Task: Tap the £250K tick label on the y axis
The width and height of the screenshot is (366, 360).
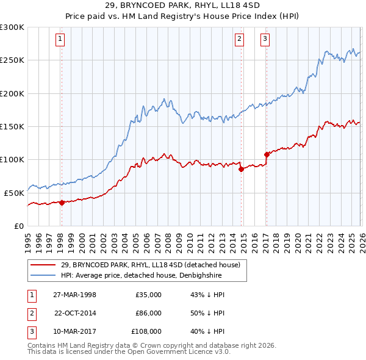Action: (x=12, y=60)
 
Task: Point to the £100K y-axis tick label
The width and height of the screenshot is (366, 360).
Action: (x=12, y=159)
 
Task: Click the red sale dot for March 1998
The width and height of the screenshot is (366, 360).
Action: (x=62, y=203)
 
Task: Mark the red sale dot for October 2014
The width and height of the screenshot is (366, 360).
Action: (x=241, y=169)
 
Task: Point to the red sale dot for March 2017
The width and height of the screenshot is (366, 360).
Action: (x=267, y=154)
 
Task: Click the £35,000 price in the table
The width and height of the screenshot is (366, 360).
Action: (x=148, y=295)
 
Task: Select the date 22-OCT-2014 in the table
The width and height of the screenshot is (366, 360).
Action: (x=76, y=313)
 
